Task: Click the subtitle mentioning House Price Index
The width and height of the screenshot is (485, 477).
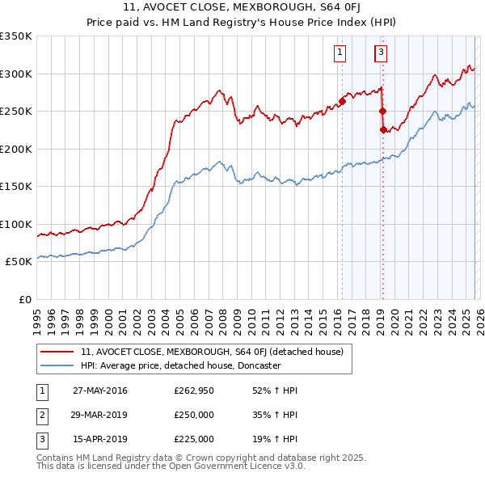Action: tap(242, 23)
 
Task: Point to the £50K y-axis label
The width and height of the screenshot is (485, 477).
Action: tap(19, 262)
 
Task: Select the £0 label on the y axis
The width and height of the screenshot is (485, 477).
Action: tap(24, 299)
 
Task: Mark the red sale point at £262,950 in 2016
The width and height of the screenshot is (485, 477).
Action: tap(342, 101)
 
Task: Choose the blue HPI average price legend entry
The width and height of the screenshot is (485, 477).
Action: tap(180, 365)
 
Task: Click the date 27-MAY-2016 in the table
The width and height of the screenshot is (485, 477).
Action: tap(100, 390)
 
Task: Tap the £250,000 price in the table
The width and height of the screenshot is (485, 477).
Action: tap(194, 415)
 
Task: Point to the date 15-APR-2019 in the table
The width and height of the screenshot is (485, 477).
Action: tap(100, 439)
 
